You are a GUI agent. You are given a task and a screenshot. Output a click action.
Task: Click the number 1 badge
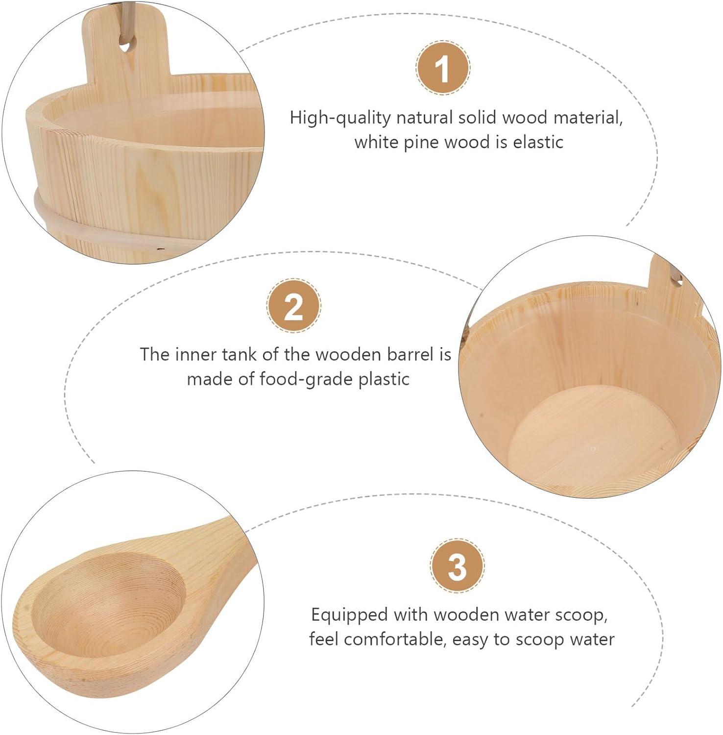point(442,69)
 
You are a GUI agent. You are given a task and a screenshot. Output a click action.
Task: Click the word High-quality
point(340,119)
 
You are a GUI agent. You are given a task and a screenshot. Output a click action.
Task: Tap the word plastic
point(384,379)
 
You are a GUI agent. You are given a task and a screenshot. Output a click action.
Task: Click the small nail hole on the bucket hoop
point(159,248)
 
